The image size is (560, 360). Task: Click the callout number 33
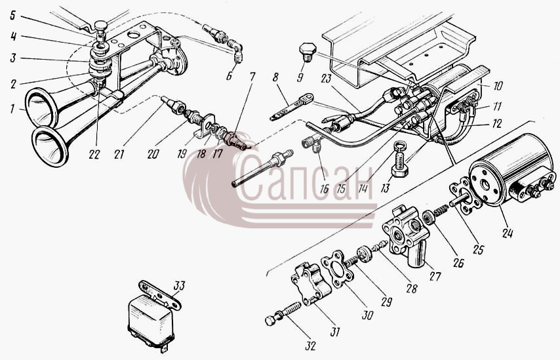point(179,286)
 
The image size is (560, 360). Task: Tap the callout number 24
point(508,233)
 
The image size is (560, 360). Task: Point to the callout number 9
point(300,77)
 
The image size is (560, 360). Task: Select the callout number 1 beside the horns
point(13,109)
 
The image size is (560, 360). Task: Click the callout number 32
point(310,346)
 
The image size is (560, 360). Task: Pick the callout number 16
point(325,189)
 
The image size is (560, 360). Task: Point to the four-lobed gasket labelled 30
point(337,269)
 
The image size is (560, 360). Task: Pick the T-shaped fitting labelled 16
point(312,145)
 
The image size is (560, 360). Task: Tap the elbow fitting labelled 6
point(235,51)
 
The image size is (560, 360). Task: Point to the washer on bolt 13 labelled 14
point(401,145)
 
